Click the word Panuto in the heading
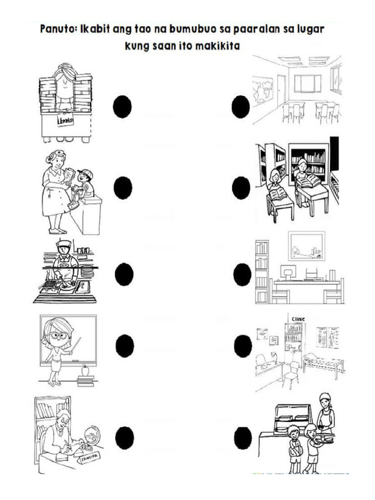[57, 29]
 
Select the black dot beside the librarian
[122, 107]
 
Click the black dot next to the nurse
[123, 188]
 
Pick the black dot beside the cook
[124, 274]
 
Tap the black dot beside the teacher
[125, 346]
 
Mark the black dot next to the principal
[125, 437]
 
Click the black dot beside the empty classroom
[240, 107]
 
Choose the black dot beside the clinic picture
[243, 346]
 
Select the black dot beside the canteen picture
[243, 437]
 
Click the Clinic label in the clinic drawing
[298, 319]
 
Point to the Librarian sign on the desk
[65, 120]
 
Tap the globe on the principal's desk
[91, 433]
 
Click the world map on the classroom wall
[262, 91]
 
